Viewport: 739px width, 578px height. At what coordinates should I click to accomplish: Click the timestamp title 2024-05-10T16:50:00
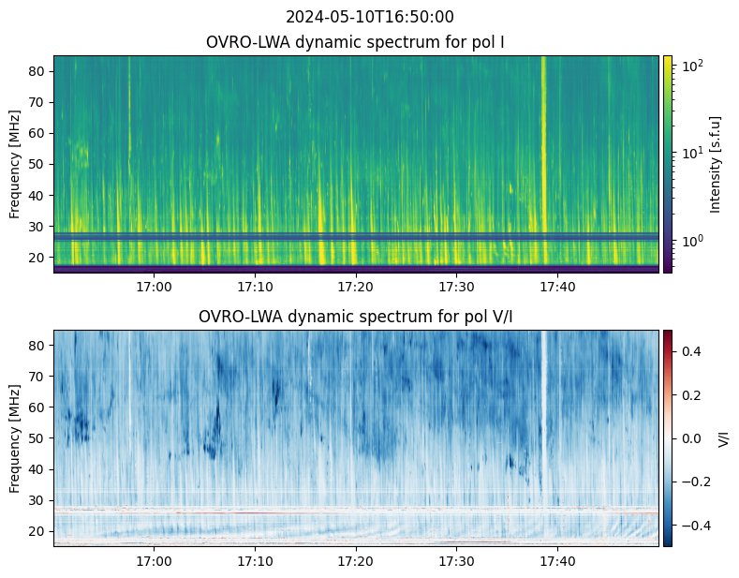point(369,17)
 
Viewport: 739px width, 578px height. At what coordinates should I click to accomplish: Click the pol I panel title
point(355,42)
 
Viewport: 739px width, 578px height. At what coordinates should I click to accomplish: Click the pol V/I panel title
point(355,317)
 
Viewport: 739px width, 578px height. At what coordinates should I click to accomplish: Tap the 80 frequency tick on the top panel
point(37,71)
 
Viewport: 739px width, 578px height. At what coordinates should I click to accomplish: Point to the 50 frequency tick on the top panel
point(37,165)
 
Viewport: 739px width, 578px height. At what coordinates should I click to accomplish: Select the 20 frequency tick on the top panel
point(37,258)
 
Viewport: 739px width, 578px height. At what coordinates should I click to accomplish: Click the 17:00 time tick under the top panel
point(155,287)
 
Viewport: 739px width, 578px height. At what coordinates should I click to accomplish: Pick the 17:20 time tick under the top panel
point(356,287)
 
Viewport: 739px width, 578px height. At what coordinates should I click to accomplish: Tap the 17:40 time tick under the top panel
point(557,287)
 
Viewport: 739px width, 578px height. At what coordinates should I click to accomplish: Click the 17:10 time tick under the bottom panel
point(255,561)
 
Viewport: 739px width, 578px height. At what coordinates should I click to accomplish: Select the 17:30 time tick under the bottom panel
point(457,561)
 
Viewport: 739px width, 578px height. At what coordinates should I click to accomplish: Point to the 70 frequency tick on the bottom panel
point(37,377)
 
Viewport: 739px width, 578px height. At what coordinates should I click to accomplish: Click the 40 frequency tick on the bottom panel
point(37,469)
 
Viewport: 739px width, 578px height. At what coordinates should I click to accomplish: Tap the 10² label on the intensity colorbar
point(692,65)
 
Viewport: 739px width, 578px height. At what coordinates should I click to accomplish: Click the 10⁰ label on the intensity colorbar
point(692,241)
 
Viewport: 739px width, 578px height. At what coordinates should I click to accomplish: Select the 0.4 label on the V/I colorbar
point(691,351)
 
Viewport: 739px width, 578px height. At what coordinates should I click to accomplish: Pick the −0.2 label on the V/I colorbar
point(696,482)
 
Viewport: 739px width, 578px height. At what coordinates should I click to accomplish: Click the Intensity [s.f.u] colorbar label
point(715,165)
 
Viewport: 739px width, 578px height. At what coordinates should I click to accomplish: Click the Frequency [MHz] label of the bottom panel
point(15,439)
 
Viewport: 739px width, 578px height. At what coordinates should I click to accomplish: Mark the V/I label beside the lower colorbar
point(723,439)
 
